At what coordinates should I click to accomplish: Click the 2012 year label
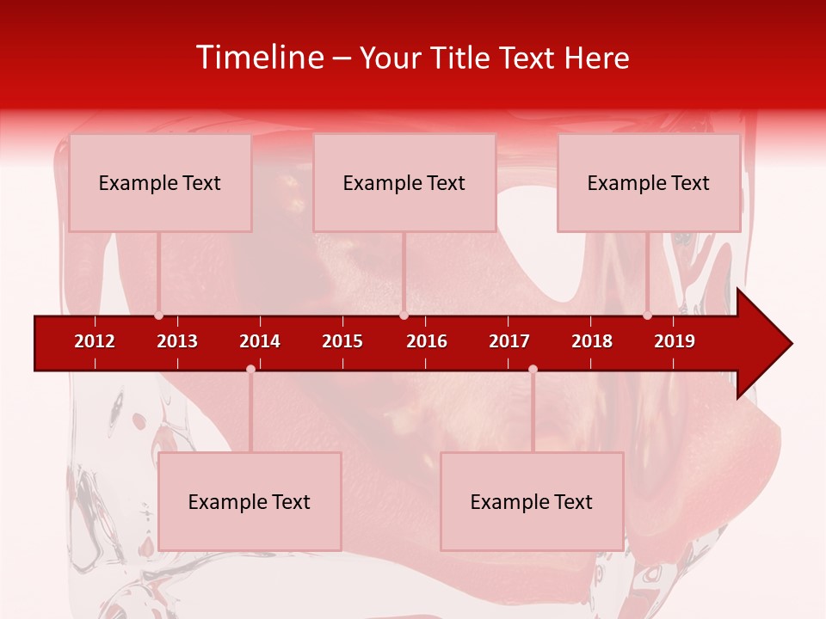(95, 341)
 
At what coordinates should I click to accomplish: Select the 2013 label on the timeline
(177, 341)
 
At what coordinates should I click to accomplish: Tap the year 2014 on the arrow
(260, 341)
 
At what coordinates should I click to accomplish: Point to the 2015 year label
(342, 341)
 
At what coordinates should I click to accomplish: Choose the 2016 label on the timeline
(427, 341)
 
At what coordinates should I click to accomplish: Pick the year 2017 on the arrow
(509, 341)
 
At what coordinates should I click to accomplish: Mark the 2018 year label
(592, 341)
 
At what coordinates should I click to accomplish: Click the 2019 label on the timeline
(675, 341)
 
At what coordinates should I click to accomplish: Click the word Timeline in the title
(260, 58)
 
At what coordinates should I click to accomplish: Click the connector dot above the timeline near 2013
(158, 316)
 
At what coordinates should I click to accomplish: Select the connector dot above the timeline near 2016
(404, 316)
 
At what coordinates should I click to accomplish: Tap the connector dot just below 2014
(250, 369)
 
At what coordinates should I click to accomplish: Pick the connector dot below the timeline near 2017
(533, 369)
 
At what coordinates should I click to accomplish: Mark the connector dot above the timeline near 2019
(647, 316)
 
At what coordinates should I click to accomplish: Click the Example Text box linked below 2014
(250, 501)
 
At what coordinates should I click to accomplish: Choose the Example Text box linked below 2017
(532, 501)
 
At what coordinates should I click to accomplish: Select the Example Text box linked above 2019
(649, 182)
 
